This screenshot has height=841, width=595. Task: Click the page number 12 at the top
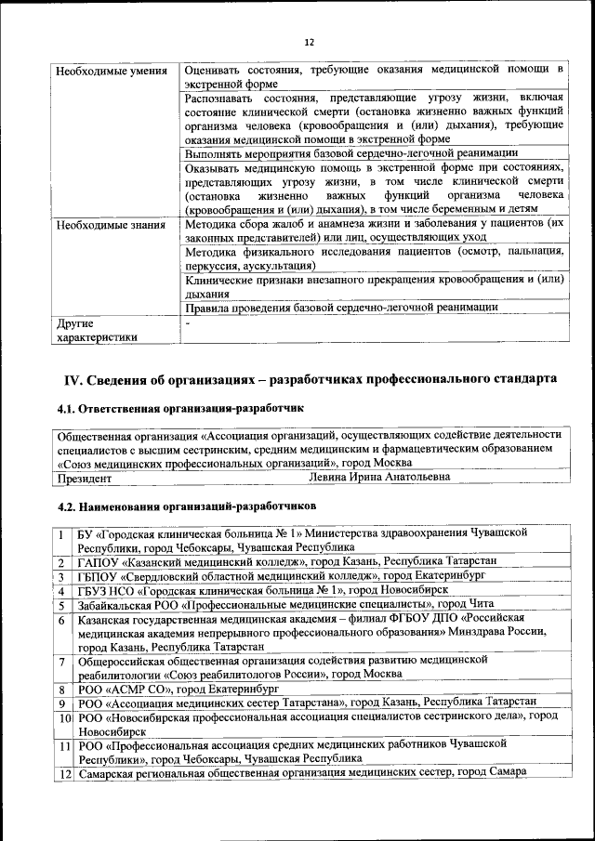[309, 42]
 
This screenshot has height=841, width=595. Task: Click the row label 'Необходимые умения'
[111, 71]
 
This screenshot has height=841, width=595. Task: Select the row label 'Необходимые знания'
[111, 224]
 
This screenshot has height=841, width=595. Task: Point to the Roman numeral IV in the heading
[73, 380]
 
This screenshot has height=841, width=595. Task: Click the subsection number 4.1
[68, 408]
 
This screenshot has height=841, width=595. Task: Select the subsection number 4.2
[68, 506]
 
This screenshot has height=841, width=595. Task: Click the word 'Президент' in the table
[85, 479]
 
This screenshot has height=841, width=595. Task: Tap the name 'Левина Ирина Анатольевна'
[379, 478]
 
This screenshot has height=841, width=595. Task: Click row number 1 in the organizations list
[61, 534]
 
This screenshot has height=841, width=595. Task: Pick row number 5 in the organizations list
[61, 604]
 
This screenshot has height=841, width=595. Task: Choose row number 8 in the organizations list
[61, 690]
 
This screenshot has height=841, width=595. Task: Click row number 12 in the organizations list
[65, 773]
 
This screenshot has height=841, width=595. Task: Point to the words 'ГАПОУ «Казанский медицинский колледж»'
[188, 562]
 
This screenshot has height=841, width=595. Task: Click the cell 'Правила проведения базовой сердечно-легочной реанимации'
[342, 307]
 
